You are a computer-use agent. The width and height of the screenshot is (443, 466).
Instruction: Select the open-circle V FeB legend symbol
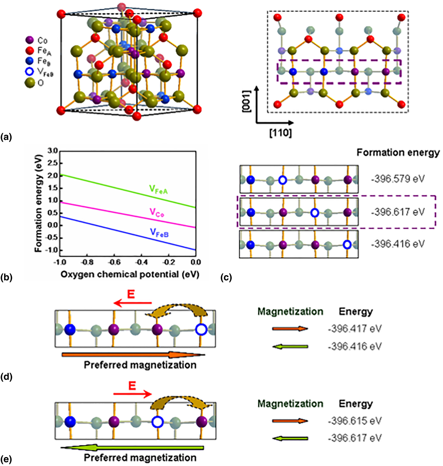(29, 71)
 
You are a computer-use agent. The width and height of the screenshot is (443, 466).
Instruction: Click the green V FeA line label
(158, 190)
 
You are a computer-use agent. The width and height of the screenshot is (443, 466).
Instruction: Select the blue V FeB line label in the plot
(159, 233)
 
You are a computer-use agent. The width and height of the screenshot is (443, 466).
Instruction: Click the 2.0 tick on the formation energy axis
(53, 176)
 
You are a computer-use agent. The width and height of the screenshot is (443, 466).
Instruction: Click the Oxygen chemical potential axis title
(130, 274)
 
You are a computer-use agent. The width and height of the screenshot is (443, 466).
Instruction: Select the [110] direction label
(280, 133)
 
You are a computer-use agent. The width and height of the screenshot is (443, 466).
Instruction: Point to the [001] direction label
(246, 101)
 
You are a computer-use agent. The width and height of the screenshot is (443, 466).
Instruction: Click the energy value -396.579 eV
(398, 179)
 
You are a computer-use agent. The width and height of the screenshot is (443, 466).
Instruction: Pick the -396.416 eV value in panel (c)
(398, 244)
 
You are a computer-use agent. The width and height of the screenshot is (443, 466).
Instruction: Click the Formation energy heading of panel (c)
(398, 153)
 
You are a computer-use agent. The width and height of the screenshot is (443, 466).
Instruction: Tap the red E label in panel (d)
(131, 294)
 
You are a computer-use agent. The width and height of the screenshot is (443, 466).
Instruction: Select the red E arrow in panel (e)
(133, 394)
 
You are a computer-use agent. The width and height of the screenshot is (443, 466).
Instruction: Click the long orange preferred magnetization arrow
(133, 355)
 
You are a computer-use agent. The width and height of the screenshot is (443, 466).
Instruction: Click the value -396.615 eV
(354, 421)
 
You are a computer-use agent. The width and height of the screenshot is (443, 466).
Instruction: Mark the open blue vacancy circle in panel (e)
(157, 422)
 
